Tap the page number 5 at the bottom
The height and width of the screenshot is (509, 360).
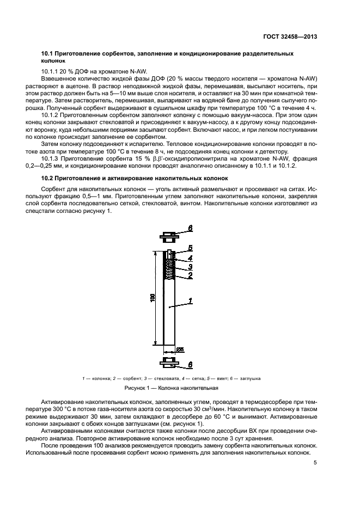pyautogui.click(x=315, y=463)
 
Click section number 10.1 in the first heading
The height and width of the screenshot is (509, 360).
pyautogui.click(x=48, y=54)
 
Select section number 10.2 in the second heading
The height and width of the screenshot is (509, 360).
pyautogui.click(x=48, y=177)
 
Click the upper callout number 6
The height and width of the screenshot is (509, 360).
pyautogui.click(x=190, y=228)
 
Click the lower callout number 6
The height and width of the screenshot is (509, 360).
pyautogui.click(x=190, y=364)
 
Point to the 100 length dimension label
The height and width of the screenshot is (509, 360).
pyautogui.click(x=153, y=298)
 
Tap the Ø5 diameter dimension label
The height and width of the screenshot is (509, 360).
pyautogui.click(x=180, y=349)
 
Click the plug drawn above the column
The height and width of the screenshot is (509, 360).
pyautogui.click(x=169, y=237)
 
